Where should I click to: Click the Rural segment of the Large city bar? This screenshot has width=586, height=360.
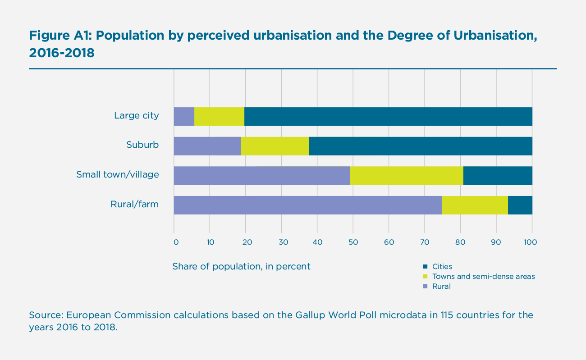point(184,117)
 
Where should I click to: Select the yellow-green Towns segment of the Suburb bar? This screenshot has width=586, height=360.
point(275,146)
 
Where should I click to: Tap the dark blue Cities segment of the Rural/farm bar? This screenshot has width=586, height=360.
point(520,205)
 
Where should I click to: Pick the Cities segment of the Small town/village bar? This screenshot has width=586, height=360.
point(498,175)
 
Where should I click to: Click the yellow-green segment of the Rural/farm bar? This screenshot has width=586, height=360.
point(475,205)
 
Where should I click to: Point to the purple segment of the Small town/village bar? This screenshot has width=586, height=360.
point(262,175)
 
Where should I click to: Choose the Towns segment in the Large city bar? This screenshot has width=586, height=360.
point(219,117)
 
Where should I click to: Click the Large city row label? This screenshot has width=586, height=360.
point(136,116)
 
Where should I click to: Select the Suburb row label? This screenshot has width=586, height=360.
point(142,145)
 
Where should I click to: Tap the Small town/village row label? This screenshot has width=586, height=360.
point(117,174)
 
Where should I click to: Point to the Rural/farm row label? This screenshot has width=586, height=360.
point(134,205)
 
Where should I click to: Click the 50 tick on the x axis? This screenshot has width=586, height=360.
point(353,242)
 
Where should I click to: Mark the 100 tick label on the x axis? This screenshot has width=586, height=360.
point(530,242)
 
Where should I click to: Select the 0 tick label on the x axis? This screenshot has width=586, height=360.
point(176,242)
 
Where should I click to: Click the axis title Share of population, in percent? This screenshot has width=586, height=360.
point(241,266)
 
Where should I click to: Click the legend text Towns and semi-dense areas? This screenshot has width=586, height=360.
point(483,277)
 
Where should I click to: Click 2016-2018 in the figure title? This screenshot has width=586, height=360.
point(62,53)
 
